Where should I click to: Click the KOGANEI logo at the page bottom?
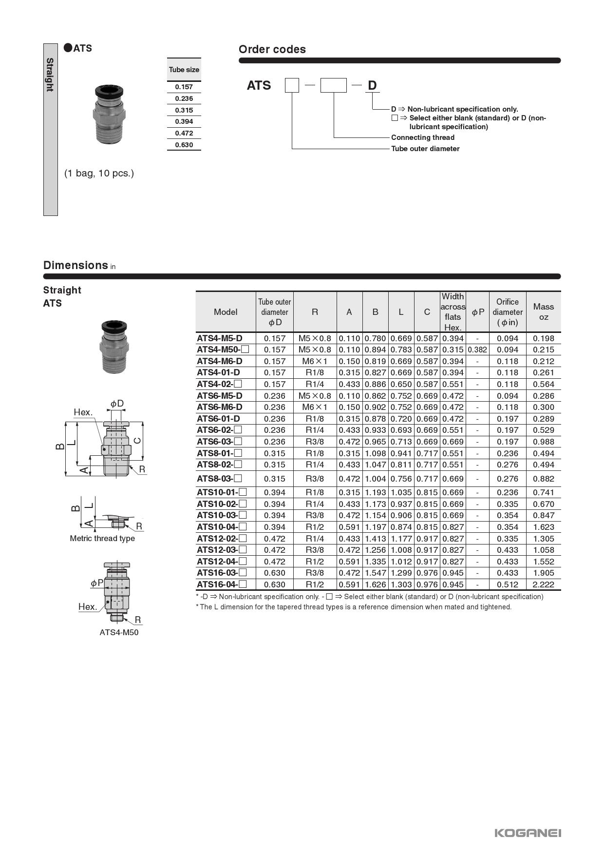528,833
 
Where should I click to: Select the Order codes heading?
272,49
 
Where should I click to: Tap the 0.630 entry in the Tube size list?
184,145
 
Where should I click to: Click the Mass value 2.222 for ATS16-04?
543,584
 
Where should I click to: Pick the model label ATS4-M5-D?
220,338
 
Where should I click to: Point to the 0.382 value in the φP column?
477,350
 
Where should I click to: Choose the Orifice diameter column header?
507,312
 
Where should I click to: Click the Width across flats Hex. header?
453,312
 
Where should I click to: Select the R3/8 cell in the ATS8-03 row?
315,479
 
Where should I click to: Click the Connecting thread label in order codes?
422,137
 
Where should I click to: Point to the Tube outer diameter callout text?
425,149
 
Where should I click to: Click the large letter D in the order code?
372,86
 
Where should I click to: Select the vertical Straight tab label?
50,75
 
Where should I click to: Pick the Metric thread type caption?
102,539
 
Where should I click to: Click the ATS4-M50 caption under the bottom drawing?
119,633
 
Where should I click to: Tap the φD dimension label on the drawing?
117,404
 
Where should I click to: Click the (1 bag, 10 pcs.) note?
99,173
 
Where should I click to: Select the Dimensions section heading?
75,265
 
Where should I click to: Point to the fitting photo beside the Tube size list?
109,115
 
